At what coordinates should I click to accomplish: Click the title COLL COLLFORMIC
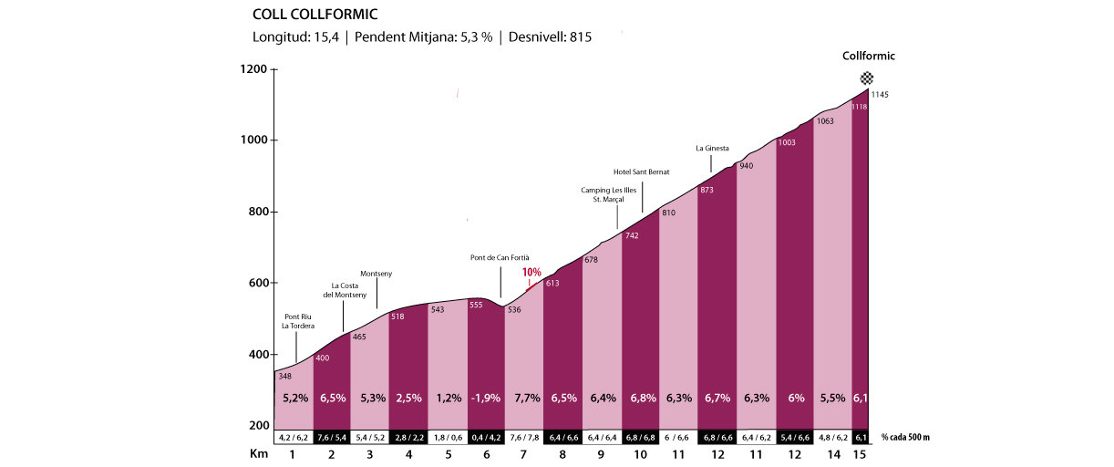pyautogui.click(x=315, y=15)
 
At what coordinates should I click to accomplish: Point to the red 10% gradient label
pyautogui.click(x=531, y=273)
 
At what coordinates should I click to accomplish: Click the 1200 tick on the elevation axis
pyautogui.click(x=253, y=69)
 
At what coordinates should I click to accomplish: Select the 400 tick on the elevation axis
pyautogui.click(x=256, y=355)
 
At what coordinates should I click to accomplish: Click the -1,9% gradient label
pyautogui.click(x=486, y=399)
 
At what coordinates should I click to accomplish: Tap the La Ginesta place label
pyautogui.click(x=712, y=148)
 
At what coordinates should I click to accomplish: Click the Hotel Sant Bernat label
pyautogui.click(x=643, y=171)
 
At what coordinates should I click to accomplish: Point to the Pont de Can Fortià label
pyautogui.click(x=500, y=258)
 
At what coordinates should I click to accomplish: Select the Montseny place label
pyautogui.click(x=376, y=274)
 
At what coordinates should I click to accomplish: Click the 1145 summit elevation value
pyautogui.click(x=880, y=95)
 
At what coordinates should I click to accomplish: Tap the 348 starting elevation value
pyautogui.click(x=285, y=377)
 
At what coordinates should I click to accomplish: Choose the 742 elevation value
pyautogui.click(x=631, y=236)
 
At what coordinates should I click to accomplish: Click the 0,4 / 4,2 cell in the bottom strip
pyautogui.click(x=486, y=437)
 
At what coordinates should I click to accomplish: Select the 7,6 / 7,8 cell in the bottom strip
pyautogui.click(x=524, y=437)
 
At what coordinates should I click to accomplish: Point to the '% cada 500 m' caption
pyautogui.click(x=904, y=437)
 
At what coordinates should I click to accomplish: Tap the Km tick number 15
pyautogui.click(x=860, y=453)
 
